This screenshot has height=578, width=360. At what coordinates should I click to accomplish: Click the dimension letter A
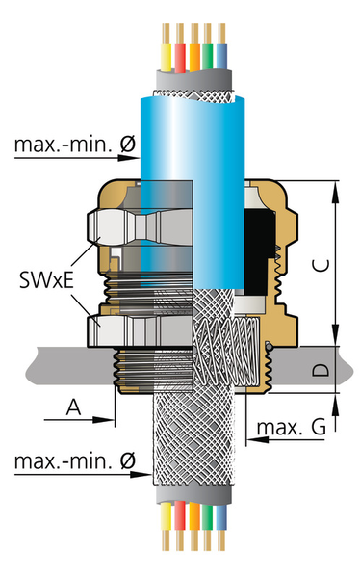click(x=74, y=407)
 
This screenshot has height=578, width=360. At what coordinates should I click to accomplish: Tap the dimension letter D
click(x=321, y=370)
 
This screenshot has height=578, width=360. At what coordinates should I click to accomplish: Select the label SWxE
click(x=46, y=279)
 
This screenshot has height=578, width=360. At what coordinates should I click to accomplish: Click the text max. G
click(x=291, y=427)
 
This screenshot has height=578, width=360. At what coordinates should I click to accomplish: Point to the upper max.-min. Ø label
click(x=75, y=144)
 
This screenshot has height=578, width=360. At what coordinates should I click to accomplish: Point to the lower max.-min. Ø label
click(x=75, y=460)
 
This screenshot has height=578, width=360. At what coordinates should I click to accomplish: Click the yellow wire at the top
click(x=167, y=47)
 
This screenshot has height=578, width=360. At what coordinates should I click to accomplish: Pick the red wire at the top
click(x=180, y=47)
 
